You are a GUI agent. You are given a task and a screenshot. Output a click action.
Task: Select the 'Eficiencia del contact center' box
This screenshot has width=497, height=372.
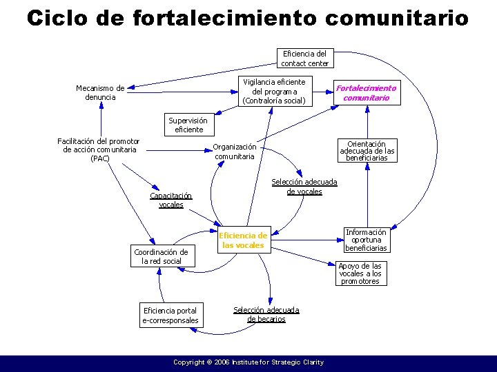(x=304, y=59)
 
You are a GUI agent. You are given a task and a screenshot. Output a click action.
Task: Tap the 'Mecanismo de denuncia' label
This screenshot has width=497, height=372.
(x=100, y=92)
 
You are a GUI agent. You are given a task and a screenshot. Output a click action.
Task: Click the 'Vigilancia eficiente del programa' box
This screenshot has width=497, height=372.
(x=274, y=92)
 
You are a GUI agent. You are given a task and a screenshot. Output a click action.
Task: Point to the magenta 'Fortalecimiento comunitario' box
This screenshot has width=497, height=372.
(x=366, y=93)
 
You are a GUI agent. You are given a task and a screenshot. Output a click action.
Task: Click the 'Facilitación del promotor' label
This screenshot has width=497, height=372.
(x=99, y=149)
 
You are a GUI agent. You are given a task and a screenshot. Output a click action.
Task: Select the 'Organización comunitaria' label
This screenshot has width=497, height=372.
(x=235, y=151)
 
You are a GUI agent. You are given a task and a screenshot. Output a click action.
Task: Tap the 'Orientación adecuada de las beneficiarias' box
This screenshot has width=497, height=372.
(x=367, y=151)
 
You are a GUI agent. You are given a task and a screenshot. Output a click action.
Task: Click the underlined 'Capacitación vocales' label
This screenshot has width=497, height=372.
(x=171, y=200)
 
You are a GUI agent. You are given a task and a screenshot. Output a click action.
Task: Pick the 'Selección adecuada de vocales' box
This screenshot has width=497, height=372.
(x=304, y=187)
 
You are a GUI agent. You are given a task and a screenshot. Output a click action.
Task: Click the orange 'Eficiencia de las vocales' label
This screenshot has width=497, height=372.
(x=243, y=240)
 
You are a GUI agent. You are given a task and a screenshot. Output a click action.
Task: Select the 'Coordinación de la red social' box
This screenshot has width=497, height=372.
(x=161, y=256)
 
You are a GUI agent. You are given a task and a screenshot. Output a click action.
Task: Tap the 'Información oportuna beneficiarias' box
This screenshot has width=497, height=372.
(x=366, y=240)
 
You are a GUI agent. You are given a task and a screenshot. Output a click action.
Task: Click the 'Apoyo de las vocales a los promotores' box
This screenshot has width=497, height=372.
(x=360, y=273)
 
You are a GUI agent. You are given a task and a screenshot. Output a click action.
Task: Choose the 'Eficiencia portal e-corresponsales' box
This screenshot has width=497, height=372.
(x=170, y=316)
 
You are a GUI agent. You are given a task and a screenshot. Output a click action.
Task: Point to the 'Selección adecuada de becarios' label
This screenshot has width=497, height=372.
(x=266, y=314)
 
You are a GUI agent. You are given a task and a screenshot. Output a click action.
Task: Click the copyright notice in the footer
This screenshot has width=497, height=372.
(x=248, y=362)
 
